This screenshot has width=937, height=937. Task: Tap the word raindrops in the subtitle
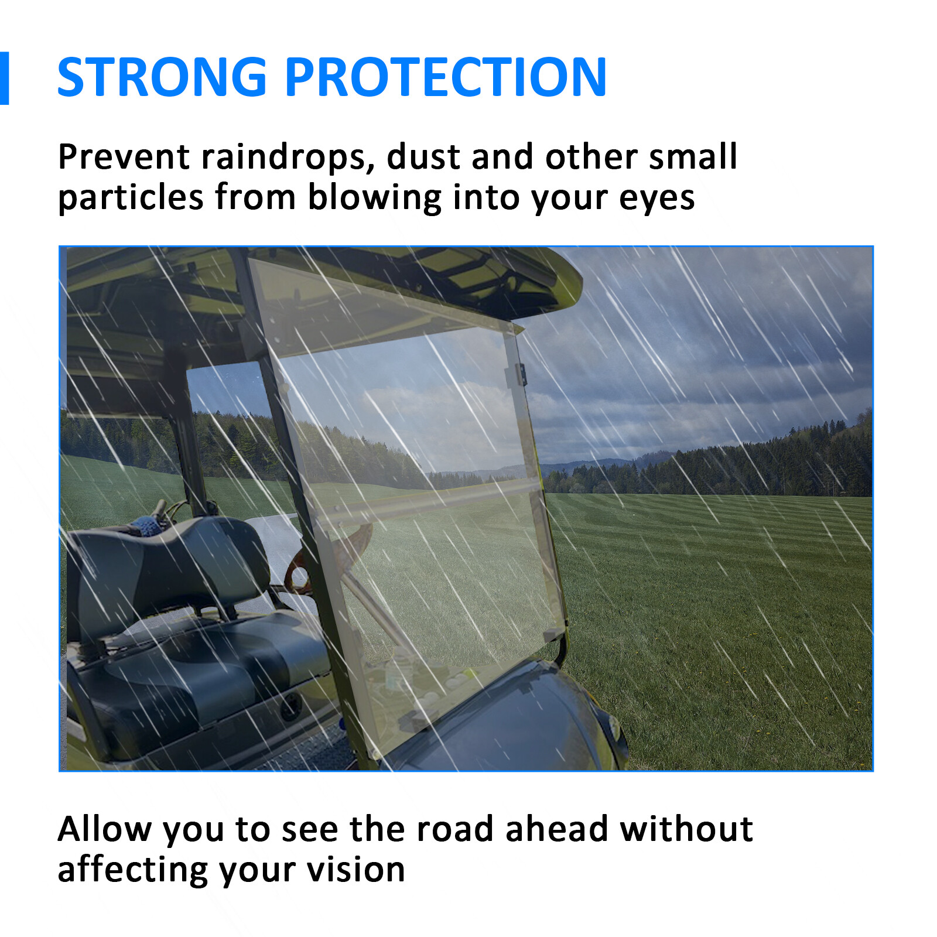288,158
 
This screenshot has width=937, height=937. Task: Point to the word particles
131,197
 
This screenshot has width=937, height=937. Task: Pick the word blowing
374,198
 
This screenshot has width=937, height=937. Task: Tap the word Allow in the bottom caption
104,829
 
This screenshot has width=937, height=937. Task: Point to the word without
686,829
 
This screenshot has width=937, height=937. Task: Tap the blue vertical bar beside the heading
4,78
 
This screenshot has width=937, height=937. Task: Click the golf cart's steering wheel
328,556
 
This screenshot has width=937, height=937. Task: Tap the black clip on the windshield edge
520,375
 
